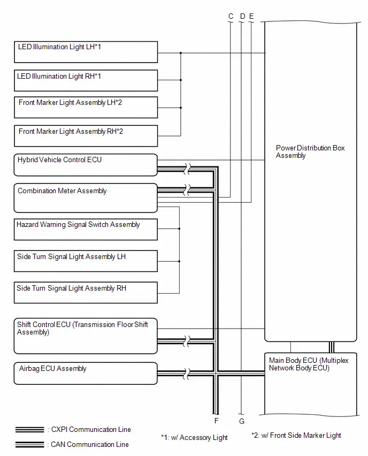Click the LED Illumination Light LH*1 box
click(x=86, y=52)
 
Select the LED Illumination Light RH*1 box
click(x=86, y=81)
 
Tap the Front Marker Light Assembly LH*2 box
click(x=86, y=108)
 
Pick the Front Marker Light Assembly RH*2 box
click(x=86, y=136)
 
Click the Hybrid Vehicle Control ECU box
click(x=86, y=165)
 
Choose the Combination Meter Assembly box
click(x=86, y=197)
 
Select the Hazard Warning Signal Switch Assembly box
click(x=86, y=230)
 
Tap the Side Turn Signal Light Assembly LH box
click(x=86, y=261)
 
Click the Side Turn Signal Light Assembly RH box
click(x=86, y=293)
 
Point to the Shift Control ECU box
click(x=86, y=336)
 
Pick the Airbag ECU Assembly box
click(x=86, y=374)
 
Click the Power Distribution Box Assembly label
click(x=310, y=151)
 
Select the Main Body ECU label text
click(x=309, y=364)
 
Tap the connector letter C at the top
click(x=231, y=16)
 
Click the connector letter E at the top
click(x=251, y=16)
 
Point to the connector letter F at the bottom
click(x=216, y=421)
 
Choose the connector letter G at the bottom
click(x=242, y=421)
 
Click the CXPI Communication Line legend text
click(x=91, y=430)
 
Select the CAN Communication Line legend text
click(x=89, y=444)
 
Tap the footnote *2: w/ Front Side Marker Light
click(x=296, y=435)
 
